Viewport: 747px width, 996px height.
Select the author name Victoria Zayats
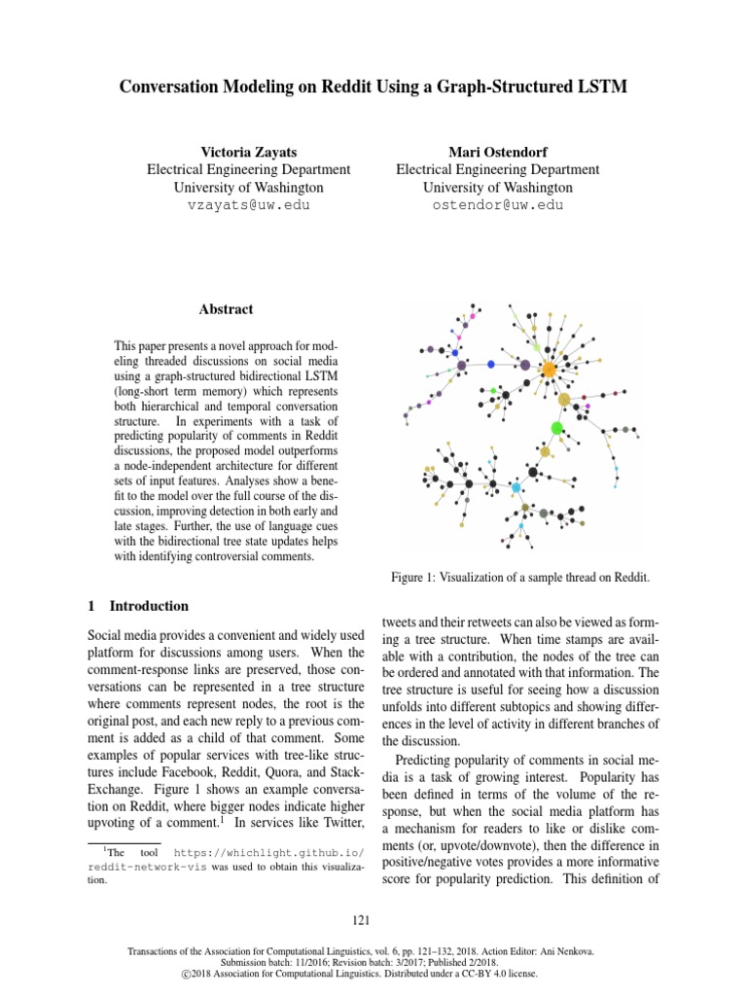pyautogui.click(x=248, y=152)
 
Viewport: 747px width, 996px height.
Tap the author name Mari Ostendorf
pyautogui.click(x=497, y=152)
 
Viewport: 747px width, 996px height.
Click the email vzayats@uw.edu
pyautogui.click(x=248, y=205)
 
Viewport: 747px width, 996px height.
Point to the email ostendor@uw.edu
pyautogui.click(x=498, y=205)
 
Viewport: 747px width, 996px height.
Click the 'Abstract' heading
pyautogui.click(x=226, y=309)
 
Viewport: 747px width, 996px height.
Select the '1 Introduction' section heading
pyautogui.click(x=139, y=606)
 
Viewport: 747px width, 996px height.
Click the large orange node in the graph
pyautogui.click(x=550, y=371)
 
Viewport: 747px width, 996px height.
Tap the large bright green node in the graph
pyautogui.click(x=557, y=428)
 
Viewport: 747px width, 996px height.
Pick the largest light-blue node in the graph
pyautogui.click(x=516, y=486)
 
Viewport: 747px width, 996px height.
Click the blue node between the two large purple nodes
pyautogui.click(x=491, y=364)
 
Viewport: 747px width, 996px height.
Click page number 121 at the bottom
pyautogui.click(x=373, y=918)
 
